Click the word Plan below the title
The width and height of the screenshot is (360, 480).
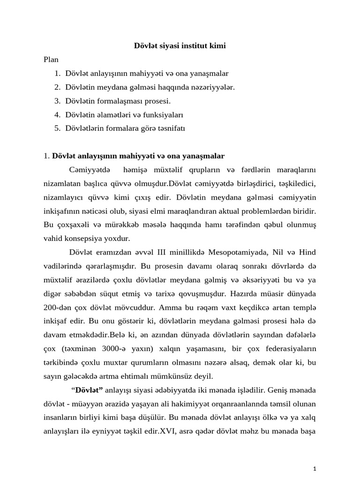51,60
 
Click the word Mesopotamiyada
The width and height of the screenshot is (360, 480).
240,252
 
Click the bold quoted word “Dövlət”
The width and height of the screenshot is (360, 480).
87,390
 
